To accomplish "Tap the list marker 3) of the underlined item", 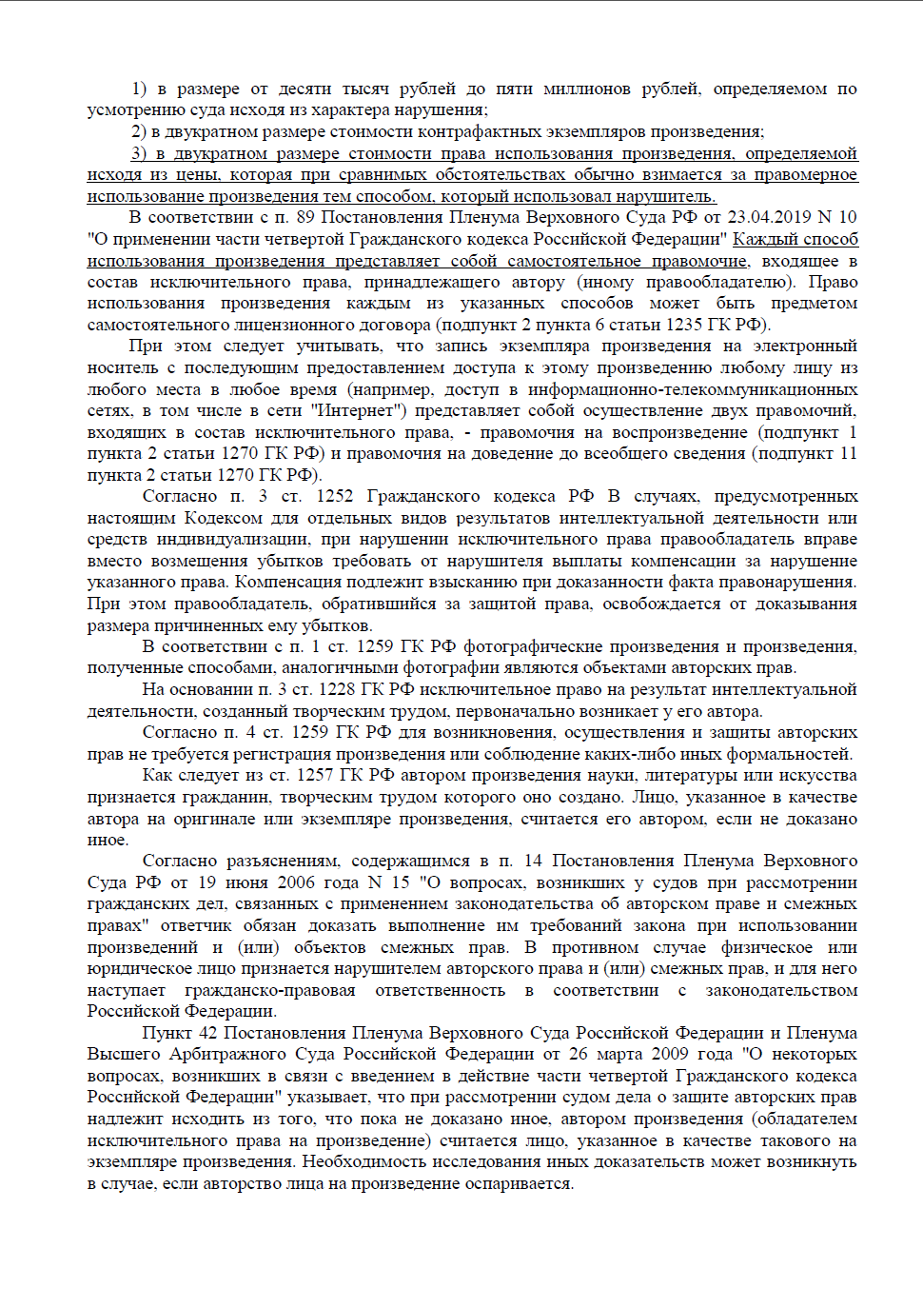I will click(139, 154).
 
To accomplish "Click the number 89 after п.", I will click(304, 218).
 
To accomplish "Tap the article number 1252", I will click(334, 497).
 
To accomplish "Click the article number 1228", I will click(337, 690).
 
